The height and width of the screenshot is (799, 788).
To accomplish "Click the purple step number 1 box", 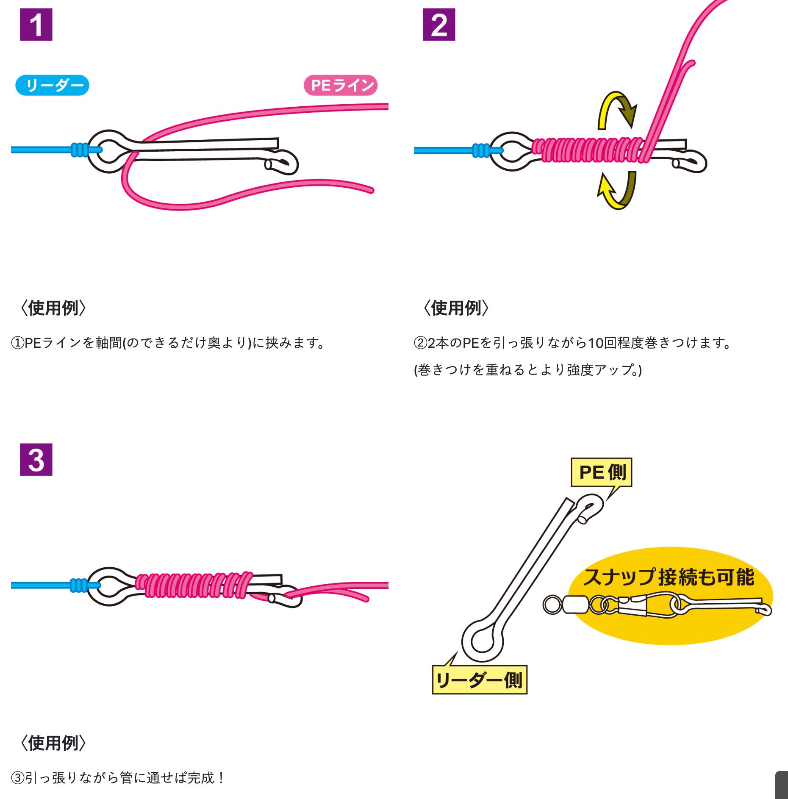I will [36, 25].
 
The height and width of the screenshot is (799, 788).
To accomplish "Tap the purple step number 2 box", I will [439, 25].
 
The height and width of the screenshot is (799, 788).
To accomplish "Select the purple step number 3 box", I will [36, 460].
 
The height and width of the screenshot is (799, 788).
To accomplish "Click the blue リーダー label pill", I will [52, 85].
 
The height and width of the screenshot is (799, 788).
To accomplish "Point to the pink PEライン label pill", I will [341, 85].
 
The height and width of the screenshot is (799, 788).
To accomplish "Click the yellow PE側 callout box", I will [602, 472].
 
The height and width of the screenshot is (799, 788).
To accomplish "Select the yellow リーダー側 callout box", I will [480, 680].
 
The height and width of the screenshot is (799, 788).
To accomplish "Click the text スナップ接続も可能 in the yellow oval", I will [669, 577].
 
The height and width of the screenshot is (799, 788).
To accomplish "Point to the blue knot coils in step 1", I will [80, 150].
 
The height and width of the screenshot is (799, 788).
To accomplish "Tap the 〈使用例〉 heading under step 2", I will [456, 308].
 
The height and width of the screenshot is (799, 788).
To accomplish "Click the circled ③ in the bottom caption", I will [18, 778].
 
